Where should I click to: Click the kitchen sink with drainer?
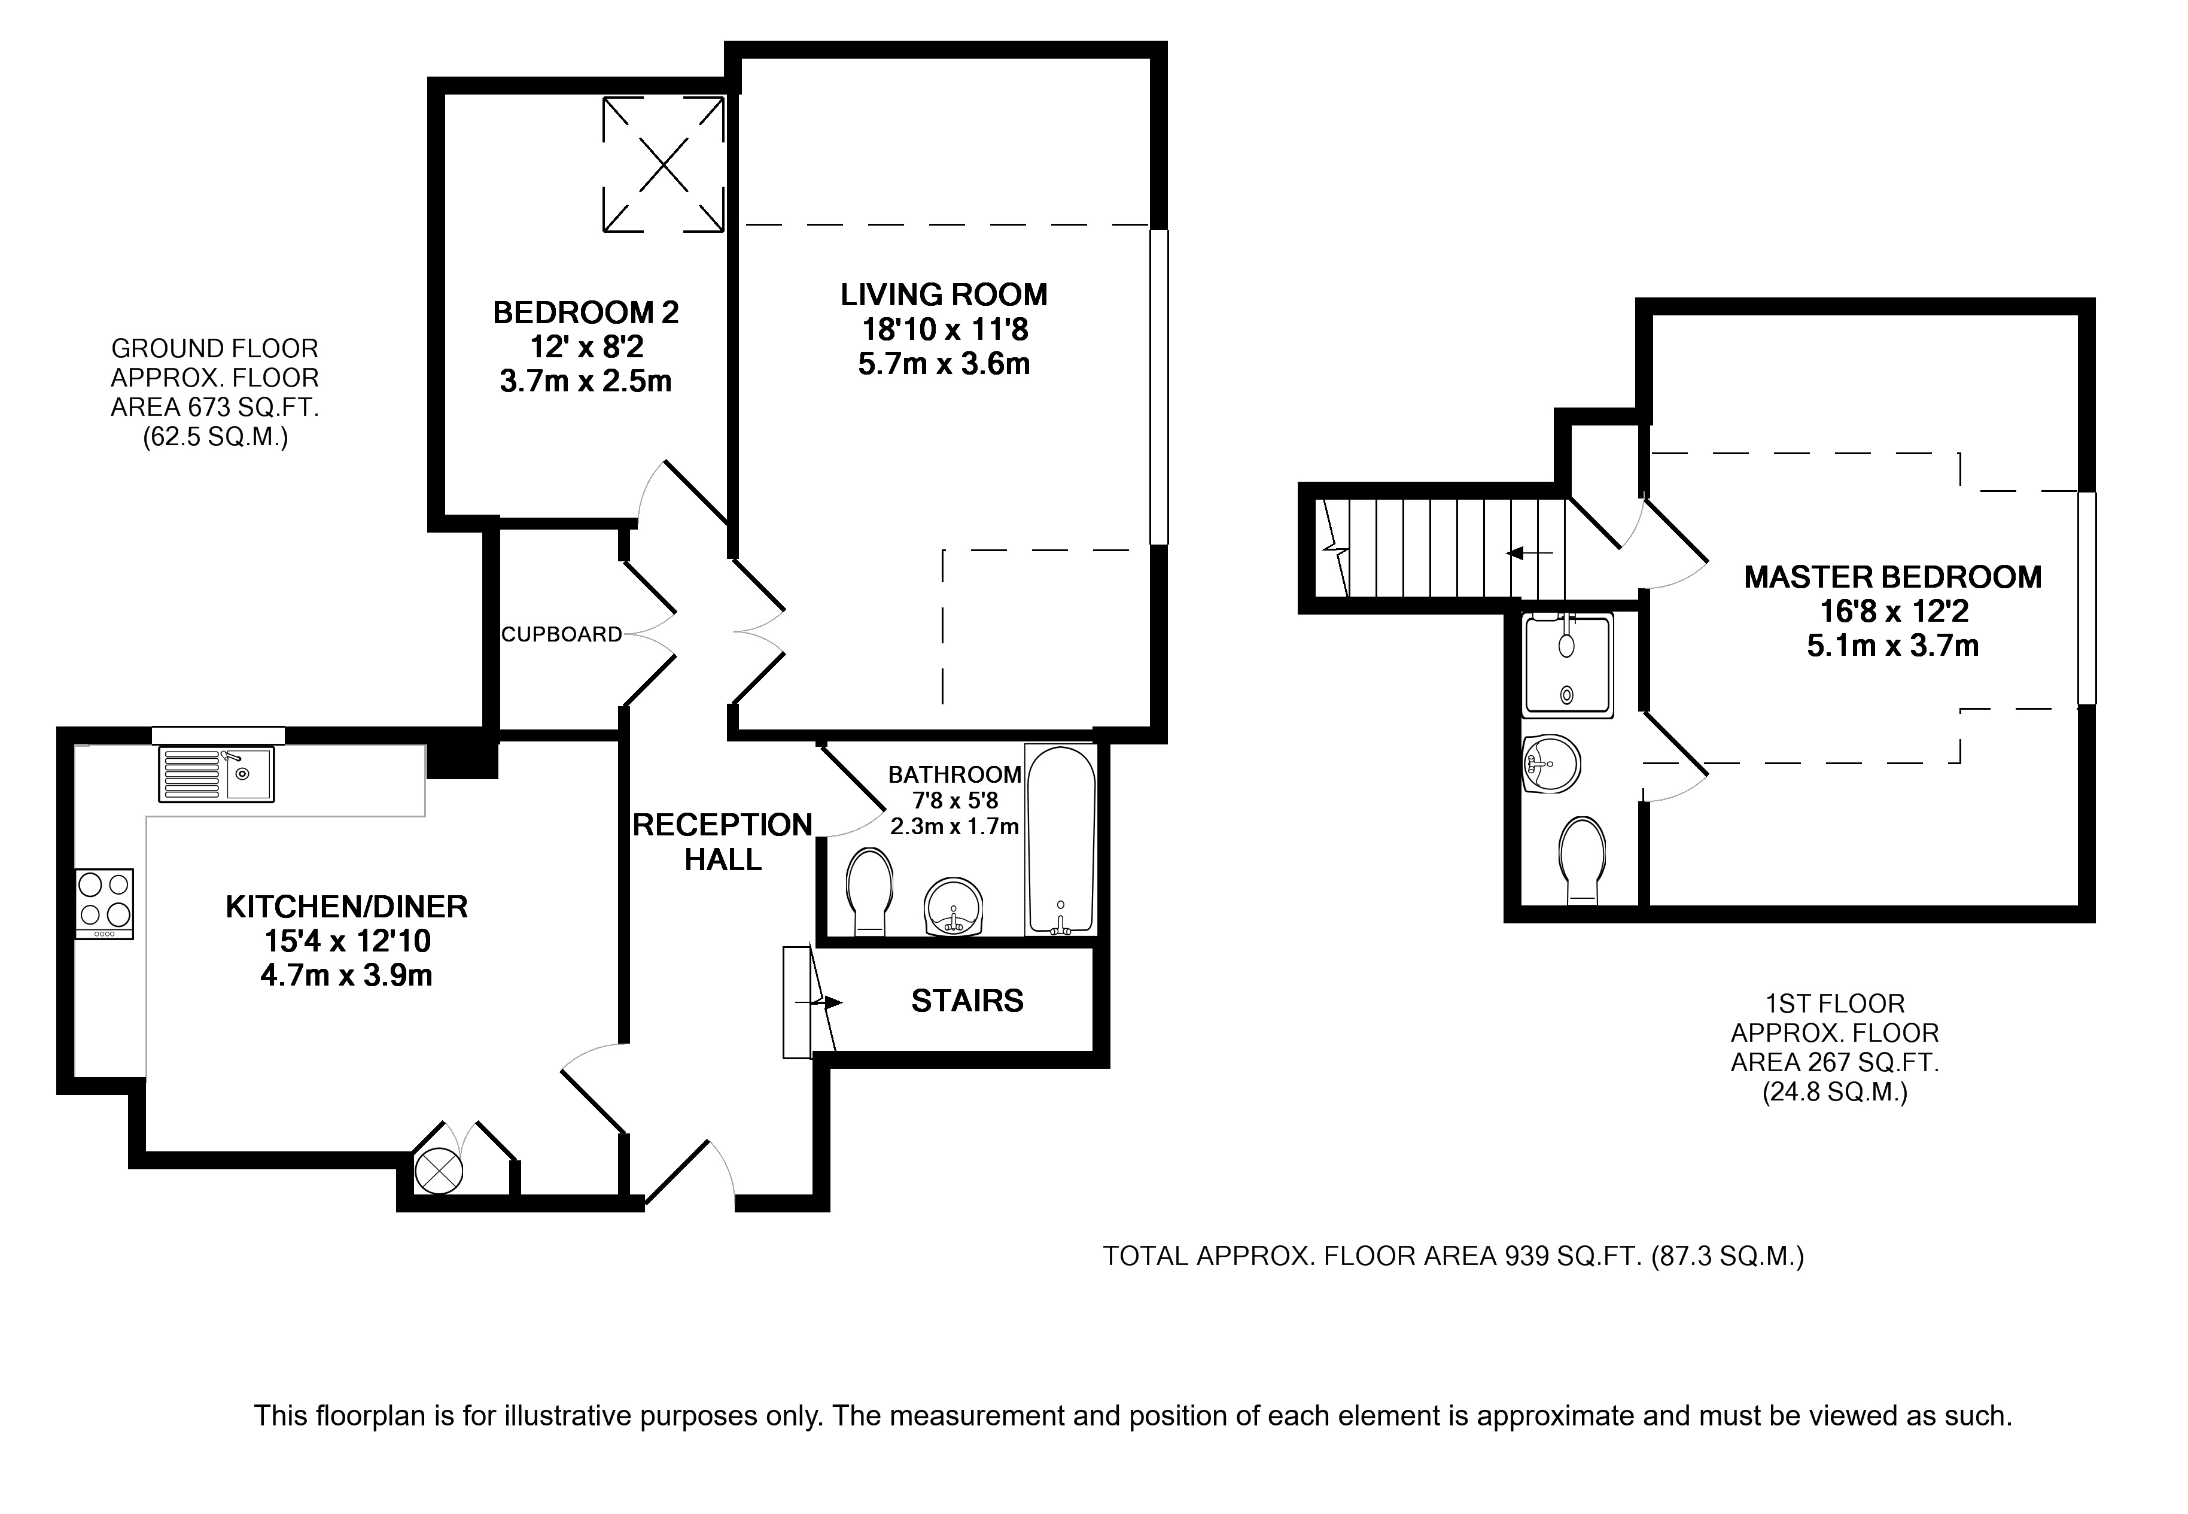point(216,774)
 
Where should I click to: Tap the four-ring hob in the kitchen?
point(104,904)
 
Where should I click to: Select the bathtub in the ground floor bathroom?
point(1060,840)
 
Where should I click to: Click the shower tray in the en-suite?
point(1567,665)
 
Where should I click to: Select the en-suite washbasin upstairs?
point(1551,764)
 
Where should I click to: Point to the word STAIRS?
point(967,1001)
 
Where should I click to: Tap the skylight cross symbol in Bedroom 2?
point(663,164)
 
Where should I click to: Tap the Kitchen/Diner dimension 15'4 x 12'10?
point(347,941)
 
